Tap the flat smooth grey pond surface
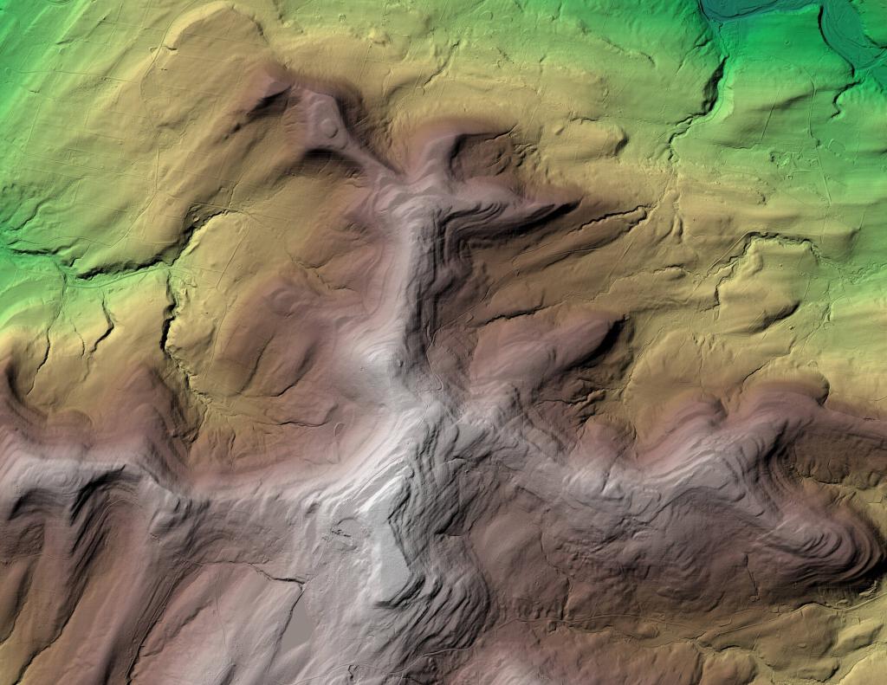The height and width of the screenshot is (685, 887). (x=298, y=628)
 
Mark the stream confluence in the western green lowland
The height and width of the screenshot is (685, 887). (x=65, y=268)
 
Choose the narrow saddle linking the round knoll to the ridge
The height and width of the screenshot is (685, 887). (x=364, y=160)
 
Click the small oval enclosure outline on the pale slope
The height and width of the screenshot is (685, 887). (x=282, y=299)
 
